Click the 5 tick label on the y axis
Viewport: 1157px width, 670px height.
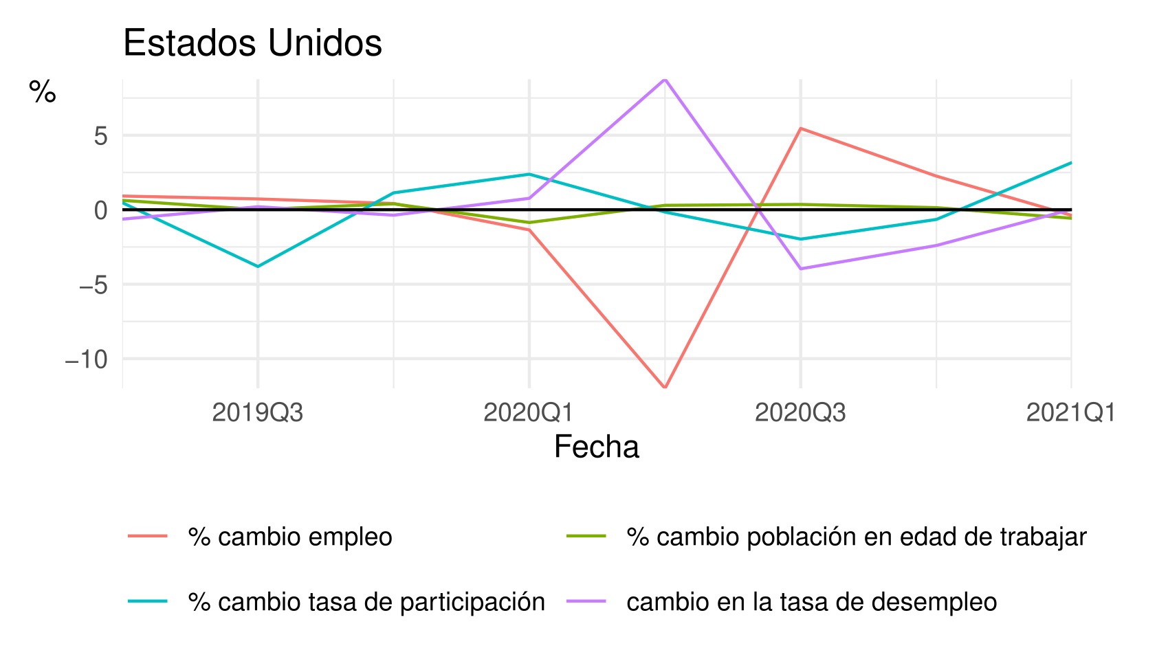101,136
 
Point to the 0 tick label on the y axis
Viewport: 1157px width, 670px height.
101,210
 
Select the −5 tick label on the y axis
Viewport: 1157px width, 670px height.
93,284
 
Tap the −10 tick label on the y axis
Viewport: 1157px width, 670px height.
87,359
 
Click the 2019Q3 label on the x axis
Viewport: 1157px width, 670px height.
257,414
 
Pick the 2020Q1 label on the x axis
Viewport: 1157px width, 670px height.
528,414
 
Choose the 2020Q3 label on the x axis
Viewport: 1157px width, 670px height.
800,414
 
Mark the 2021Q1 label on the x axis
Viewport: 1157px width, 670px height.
1070,414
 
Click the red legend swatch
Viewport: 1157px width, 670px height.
147,536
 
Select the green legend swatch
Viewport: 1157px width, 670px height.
586,536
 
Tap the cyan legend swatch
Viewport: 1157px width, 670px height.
147,601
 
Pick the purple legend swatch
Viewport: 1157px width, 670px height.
586,601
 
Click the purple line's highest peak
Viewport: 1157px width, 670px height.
665,80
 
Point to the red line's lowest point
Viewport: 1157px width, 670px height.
665,388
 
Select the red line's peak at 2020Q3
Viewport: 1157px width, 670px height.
801,129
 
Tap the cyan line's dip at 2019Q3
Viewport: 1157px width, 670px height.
258,267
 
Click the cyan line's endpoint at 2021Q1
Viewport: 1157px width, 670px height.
1071,163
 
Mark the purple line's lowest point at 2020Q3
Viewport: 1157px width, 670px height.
801,269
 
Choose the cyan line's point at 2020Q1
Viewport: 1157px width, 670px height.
529,174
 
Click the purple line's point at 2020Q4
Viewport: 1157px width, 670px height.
936,245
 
